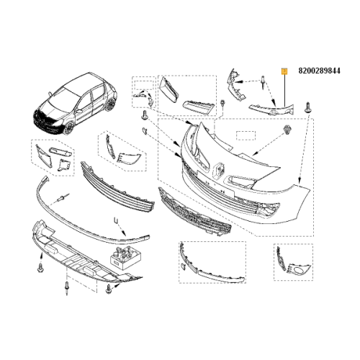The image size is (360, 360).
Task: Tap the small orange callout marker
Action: point(284,71)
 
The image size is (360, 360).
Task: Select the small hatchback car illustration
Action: point(75,107)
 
